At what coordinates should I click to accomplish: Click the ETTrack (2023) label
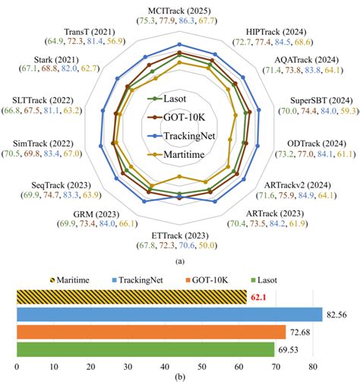pyautogui.click(x=179, y=236)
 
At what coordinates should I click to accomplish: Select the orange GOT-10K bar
pyautogui.click(x=151, y=331)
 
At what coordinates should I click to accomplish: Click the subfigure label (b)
pyautogui.click(x=179, y=375)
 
